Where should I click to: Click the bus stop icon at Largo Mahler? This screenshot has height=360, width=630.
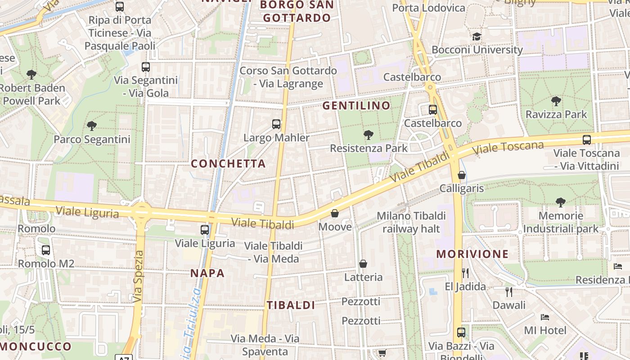[276, 124]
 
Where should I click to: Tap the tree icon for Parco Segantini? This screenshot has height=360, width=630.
[92, 126]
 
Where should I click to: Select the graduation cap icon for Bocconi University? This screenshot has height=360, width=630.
[477, 36]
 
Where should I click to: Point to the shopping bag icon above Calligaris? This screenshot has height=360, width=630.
[462, 175]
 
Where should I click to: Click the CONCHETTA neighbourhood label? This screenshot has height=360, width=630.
[228, 164]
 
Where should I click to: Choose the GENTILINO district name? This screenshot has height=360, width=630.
[356, 106]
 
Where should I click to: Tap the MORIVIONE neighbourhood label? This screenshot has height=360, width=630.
[472, 254]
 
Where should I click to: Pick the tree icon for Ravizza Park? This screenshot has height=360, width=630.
[556, 101]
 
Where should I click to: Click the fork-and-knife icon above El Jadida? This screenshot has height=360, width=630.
[465, 273]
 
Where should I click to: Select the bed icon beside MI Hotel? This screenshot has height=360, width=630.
[545, 317]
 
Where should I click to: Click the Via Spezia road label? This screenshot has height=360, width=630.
[138, 276]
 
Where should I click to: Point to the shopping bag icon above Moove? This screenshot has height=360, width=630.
[335, 213]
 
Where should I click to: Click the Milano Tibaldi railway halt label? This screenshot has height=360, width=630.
[411, 222]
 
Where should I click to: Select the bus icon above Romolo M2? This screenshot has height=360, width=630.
[46, 250]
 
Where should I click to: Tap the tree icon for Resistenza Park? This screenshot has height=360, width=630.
[369, 135]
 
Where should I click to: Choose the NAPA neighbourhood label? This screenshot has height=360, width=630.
[207, 273]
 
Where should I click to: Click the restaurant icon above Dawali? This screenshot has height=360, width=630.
[509, 292]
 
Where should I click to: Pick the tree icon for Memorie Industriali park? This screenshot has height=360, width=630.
[560, 202]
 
